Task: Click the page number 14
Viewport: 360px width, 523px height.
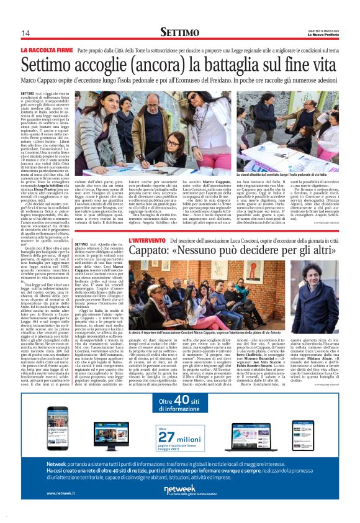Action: coord(26,32)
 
